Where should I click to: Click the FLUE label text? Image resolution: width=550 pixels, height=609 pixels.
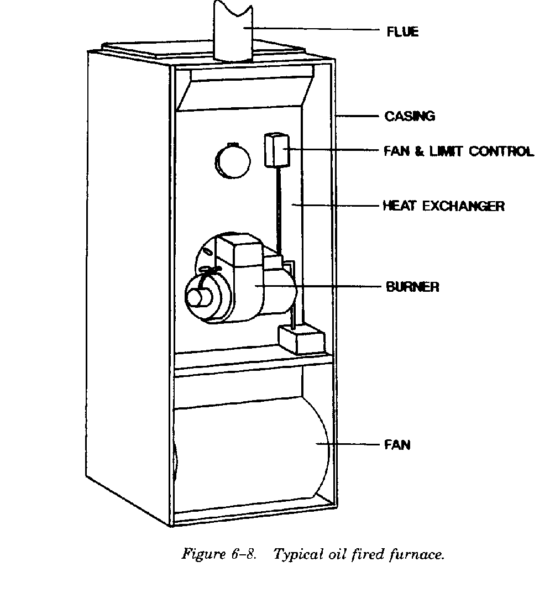(402, 32)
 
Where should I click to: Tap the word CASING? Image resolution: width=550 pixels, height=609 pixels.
(410, 116)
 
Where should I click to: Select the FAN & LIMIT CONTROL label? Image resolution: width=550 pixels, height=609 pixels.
(459, 151)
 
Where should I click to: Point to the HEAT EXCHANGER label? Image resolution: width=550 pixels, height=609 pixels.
(444, 206)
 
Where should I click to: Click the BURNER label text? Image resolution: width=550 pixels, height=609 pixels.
(412, 287)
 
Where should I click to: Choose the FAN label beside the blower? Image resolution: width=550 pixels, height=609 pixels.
(397, 444)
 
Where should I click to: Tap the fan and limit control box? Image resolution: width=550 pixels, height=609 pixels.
(276, 150)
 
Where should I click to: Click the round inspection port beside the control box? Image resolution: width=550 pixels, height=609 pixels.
(232, 161)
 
